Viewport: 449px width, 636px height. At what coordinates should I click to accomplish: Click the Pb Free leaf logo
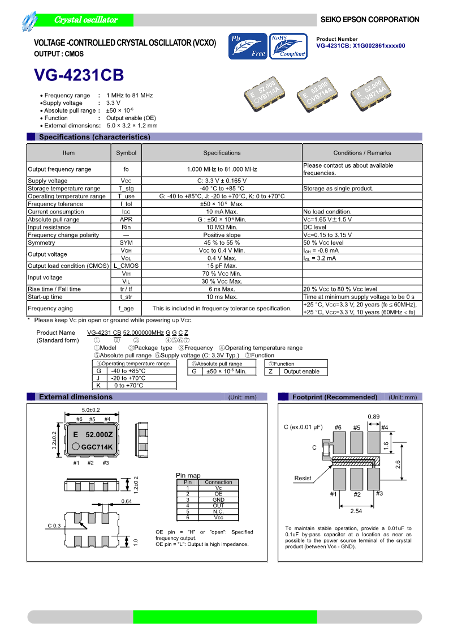(x=248, y=46)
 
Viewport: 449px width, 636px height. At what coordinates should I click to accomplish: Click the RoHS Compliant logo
(x=288, y=46)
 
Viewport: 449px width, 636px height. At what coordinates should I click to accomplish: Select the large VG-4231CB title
(x=79, y=76)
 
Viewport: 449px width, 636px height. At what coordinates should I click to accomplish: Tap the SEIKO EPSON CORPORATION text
(x=370, y=19)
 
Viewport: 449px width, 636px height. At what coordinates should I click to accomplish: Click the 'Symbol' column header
(x=126, y=153)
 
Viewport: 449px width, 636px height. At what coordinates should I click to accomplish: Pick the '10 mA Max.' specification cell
(x=222, y=212)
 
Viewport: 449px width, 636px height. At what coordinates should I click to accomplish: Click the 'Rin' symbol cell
(x=126, y=227)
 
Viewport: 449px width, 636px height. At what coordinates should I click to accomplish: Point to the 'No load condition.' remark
(x=327, y=212)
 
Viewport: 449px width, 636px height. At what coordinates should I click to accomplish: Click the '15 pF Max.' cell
(x=222, y=266)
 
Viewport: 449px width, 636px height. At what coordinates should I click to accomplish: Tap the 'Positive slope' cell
(x=222, y=235)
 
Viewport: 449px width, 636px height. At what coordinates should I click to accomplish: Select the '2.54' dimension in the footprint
(x=356, y=511)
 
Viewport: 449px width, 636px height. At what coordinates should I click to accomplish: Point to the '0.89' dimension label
(x=373, y=417)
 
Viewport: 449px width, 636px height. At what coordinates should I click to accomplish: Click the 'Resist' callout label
(x=303, y=479)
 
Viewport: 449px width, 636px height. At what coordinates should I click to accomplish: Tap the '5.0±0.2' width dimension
(x=90, y=410)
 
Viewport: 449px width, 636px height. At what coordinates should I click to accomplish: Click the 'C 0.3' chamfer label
(x=54, y=526)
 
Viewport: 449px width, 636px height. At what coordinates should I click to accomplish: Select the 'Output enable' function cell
(x=301, y=372)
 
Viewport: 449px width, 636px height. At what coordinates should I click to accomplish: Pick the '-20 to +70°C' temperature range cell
(x=128, y=378)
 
